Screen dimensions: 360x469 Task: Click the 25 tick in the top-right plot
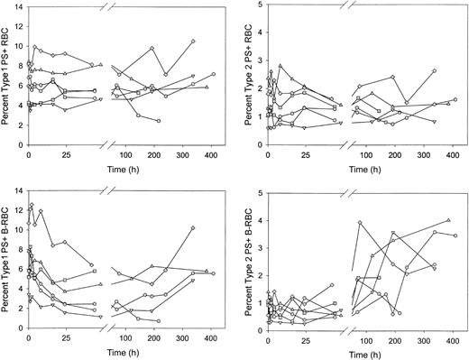[x=308, y=160]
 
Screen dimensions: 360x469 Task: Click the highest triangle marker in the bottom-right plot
[x=448, y=220]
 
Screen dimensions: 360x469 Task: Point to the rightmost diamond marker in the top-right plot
[x=435, y=70]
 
